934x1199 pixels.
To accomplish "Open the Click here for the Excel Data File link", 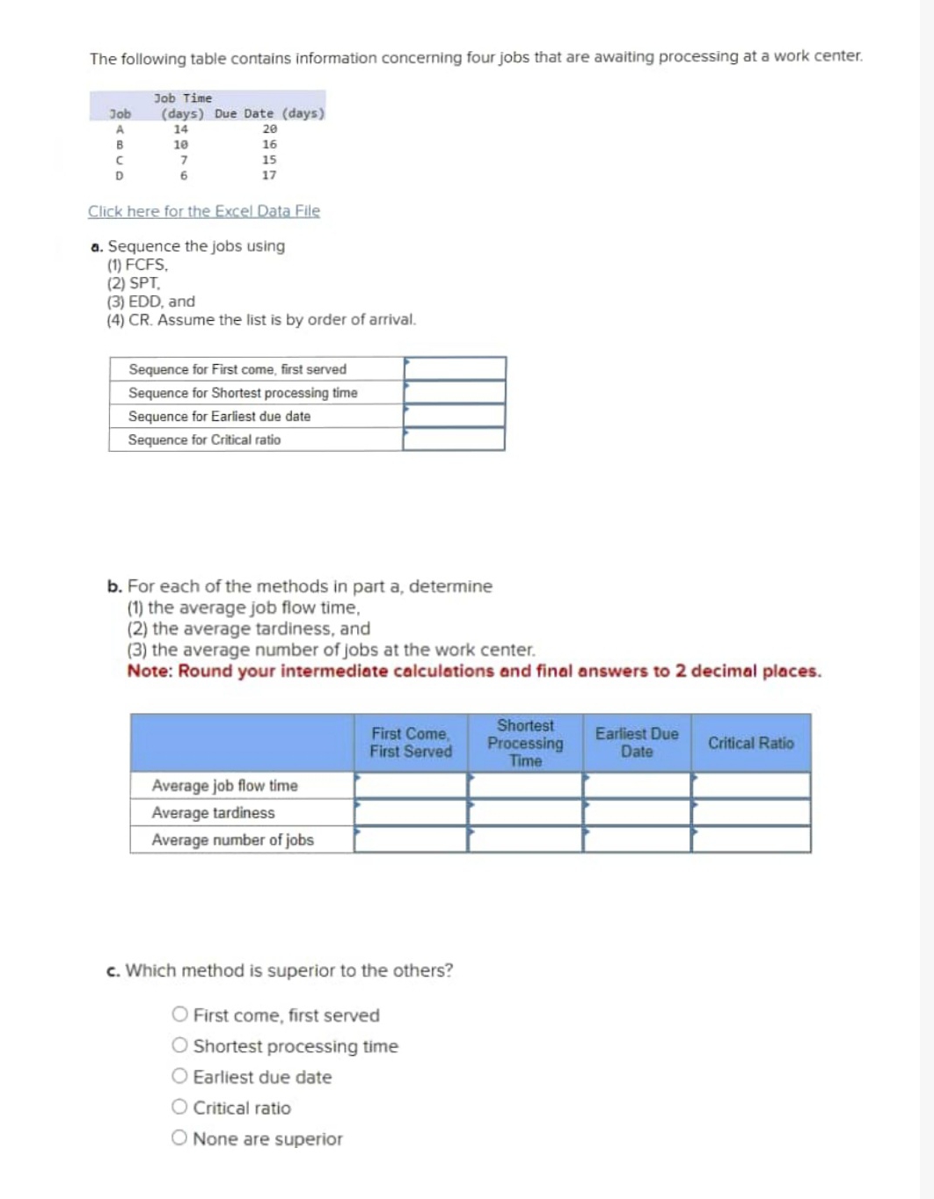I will [x=204, y=211].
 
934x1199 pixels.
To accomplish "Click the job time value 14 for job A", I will [x=181, y=128].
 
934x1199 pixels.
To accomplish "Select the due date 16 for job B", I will [x=269, y=144].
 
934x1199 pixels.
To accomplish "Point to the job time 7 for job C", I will [x=183, y=160].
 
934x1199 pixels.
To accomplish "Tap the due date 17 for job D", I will [x=269, y=175].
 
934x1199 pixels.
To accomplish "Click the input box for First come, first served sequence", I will [x=455, y=368].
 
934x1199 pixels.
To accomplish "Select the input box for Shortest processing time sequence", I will [x=455, y=392].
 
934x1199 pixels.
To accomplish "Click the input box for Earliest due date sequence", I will [x=455, y=416].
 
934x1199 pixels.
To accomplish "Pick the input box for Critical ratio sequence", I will [x=455, y=439].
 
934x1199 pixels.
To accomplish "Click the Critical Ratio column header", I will [x=750, y=743].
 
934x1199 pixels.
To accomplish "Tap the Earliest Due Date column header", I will [x=637, y=743].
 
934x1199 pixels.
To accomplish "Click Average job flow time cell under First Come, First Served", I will [x=411, y=785].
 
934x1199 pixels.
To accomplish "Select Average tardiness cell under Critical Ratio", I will [x=750, y=812].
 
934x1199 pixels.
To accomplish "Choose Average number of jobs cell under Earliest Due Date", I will [x=637, y=839].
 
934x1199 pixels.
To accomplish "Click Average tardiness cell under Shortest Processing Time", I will [x=525, y=812].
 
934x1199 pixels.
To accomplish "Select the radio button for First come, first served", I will [x=180, y=1014].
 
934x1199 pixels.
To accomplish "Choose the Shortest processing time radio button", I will [x=180, y=1045].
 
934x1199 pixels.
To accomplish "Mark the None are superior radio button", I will [x=180, y=1138].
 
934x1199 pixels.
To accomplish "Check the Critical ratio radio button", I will [x=180, y=1107].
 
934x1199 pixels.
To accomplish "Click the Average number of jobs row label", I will [x=232, y=839].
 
